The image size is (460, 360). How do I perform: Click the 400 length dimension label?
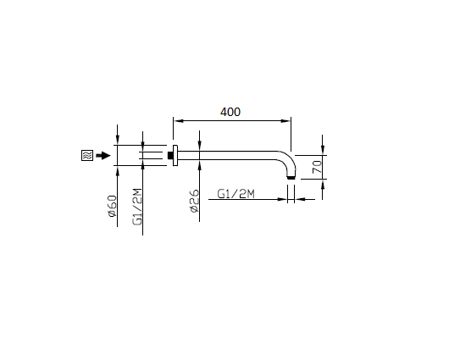(x=230, y=112)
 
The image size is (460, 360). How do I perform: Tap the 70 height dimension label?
(x=317, y=166)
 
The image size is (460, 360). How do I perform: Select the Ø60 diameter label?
(x=113, y=207)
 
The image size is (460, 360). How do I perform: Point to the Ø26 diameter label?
(x=195, y=201)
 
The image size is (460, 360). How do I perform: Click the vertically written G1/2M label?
(x=137, y=207)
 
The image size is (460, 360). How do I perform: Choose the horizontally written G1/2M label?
(x=236, y=194)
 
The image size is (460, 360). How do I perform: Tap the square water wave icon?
(x=87, y=155)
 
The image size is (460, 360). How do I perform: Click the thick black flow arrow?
(x=103, y=155)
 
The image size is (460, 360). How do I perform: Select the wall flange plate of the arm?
(x=175, y=156)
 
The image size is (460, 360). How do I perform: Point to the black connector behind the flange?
(x=170, y=155)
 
